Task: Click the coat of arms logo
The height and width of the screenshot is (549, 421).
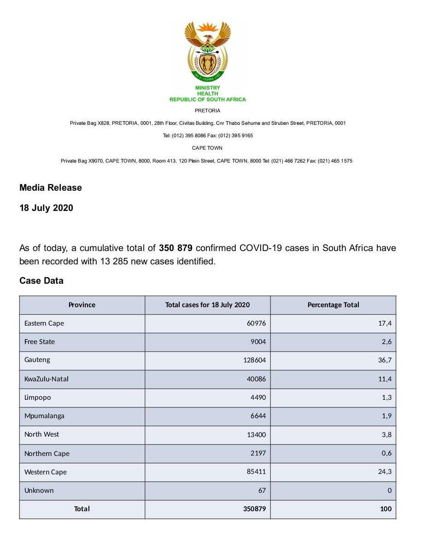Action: coord(207,51)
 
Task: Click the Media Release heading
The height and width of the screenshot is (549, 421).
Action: coord(51,187)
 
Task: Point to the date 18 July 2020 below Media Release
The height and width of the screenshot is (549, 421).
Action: coord(46,208)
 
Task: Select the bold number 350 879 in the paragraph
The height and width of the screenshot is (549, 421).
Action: coord(175,248)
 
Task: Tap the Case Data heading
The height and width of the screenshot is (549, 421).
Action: coord(41,280)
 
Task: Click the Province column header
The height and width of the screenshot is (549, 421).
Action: coord(82,305)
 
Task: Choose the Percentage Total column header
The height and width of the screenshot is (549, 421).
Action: coord(333,305)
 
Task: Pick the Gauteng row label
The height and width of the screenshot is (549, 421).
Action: coord(37,360)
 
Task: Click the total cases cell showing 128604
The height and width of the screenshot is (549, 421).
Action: coord(255,360)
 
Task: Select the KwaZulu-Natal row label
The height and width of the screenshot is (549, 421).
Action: coord(47,379)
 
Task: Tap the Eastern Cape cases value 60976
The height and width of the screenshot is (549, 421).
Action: coord(257,323)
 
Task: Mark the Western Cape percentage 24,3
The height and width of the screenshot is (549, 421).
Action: coord(385,472)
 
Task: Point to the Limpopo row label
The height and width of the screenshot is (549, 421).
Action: coord(38,397)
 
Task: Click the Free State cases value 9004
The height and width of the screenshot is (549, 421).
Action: coord(258,342)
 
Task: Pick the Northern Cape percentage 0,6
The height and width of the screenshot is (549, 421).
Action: coord(387,453)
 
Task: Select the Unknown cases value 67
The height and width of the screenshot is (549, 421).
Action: coord(262,491)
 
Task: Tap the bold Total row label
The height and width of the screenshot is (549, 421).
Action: coord(82,509)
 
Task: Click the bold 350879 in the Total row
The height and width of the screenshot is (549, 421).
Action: coord(255,509)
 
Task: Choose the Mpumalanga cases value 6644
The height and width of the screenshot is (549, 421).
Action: coord(258,416)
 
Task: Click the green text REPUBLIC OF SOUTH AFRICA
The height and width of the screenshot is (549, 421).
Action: coord(208,99)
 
